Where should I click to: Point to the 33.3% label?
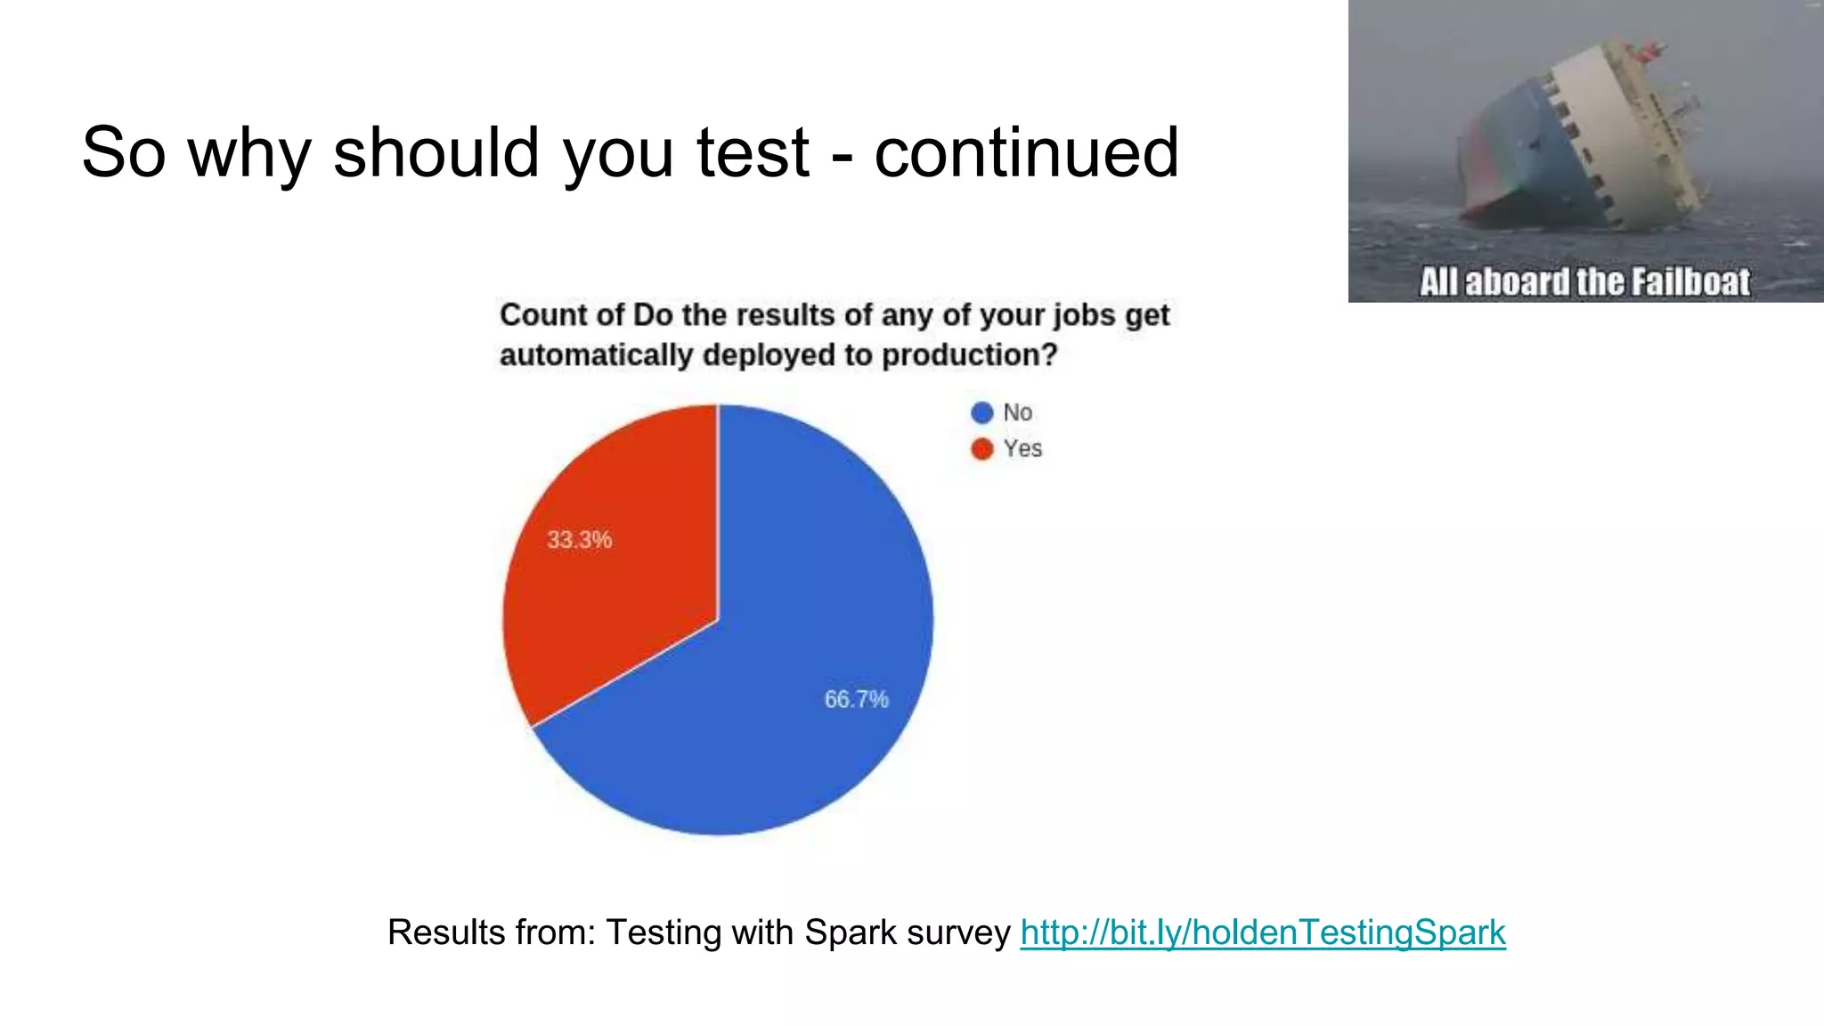(x=579, y=540)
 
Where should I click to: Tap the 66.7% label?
(x=856, y=699)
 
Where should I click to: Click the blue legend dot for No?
(x=981, y=413)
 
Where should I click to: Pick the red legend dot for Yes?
(x=981, y=449)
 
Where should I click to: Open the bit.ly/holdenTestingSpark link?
(x=1262, y=932)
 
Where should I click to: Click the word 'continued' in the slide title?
(x=1026, y=151)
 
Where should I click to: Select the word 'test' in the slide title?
(x=753, y=151)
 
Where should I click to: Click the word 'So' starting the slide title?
(x=123, y=151)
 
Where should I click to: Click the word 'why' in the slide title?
(x=249, y=151)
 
